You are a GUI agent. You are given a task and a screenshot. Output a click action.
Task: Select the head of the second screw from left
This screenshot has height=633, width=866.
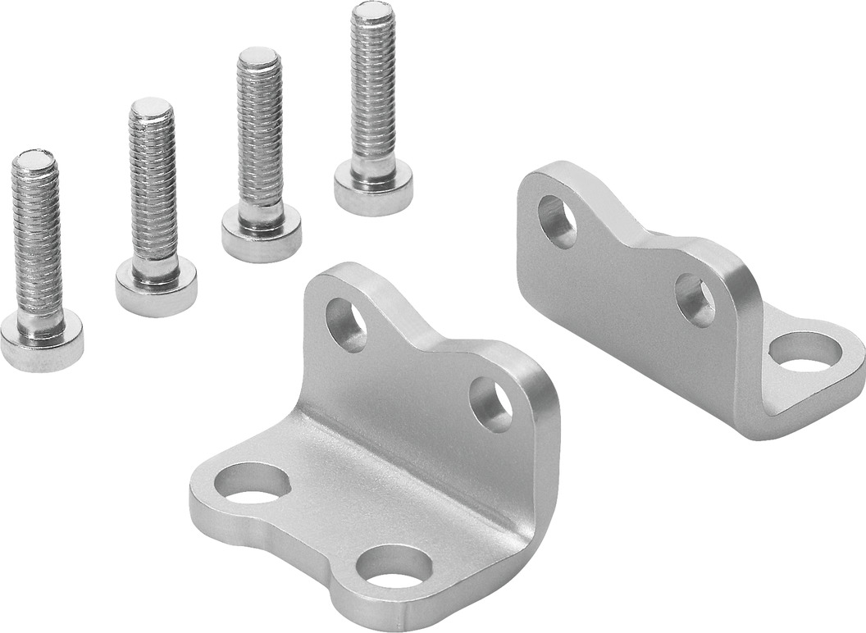tap(156, 288)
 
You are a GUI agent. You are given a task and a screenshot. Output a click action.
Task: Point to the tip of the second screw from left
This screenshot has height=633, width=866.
tap(151, 107)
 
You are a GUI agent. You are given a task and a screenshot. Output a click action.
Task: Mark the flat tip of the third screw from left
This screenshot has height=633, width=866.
tap(259, 57)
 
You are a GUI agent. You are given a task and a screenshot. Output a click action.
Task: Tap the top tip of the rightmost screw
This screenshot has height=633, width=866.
tap(372, 11)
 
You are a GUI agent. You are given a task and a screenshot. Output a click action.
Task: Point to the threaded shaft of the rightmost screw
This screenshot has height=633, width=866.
tap(373, 90)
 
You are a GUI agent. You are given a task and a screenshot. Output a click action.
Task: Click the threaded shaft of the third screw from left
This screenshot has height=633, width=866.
tap(260, 139)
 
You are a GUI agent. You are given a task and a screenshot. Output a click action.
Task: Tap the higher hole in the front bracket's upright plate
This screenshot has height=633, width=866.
tap(346, 325)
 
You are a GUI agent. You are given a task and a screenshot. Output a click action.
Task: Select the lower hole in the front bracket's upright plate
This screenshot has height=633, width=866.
tap(490, 404)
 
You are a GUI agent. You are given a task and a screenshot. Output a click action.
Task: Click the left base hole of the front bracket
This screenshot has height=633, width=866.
tap(252, 483)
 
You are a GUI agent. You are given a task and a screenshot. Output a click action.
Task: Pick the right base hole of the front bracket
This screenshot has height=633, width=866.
tap(394, 567)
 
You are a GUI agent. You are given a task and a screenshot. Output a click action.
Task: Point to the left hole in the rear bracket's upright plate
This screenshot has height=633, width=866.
tap(557, 221)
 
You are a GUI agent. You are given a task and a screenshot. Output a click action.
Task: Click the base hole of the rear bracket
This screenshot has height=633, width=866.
tap(804, 350)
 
